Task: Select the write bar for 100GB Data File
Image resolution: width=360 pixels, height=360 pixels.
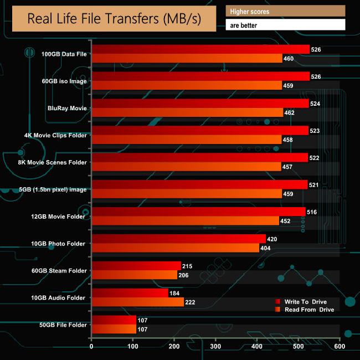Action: click(x=200, y=49)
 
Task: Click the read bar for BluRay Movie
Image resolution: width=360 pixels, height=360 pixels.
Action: click(x=187, y=112)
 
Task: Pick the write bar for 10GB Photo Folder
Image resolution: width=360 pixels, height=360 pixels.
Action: click(x=178, y=239)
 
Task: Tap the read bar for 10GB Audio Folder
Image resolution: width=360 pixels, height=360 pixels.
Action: click(x=137, y=302)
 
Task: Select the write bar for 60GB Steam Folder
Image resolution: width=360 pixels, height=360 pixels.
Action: click(x=136, y=266)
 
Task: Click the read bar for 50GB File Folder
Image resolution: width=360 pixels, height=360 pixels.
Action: click(x=114, y=329)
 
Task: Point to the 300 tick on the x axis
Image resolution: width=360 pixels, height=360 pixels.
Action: click(x=215, y=346)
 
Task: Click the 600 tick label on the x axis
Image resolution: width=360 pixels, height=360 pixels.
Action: click(x=340, y=346)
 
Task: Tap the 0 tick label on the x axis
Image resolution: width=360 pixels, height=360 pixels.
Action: click(x=91, y=346)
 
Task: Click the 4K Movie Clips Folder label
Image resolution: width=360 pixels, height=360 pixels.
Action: click(x=56, y=135)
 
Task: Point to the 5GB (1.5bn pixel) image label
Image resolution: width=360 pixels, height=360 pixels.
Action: click(x=53, y=189)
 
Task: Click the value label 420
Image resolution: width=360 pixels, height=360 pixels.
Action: click(x=271, y=239)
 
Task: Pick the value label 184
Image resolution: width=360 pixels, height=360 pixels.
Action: click(x=174, y=293)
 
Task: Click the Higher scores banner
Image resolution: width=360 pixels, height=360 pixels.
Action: click(x=285, y=11)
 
